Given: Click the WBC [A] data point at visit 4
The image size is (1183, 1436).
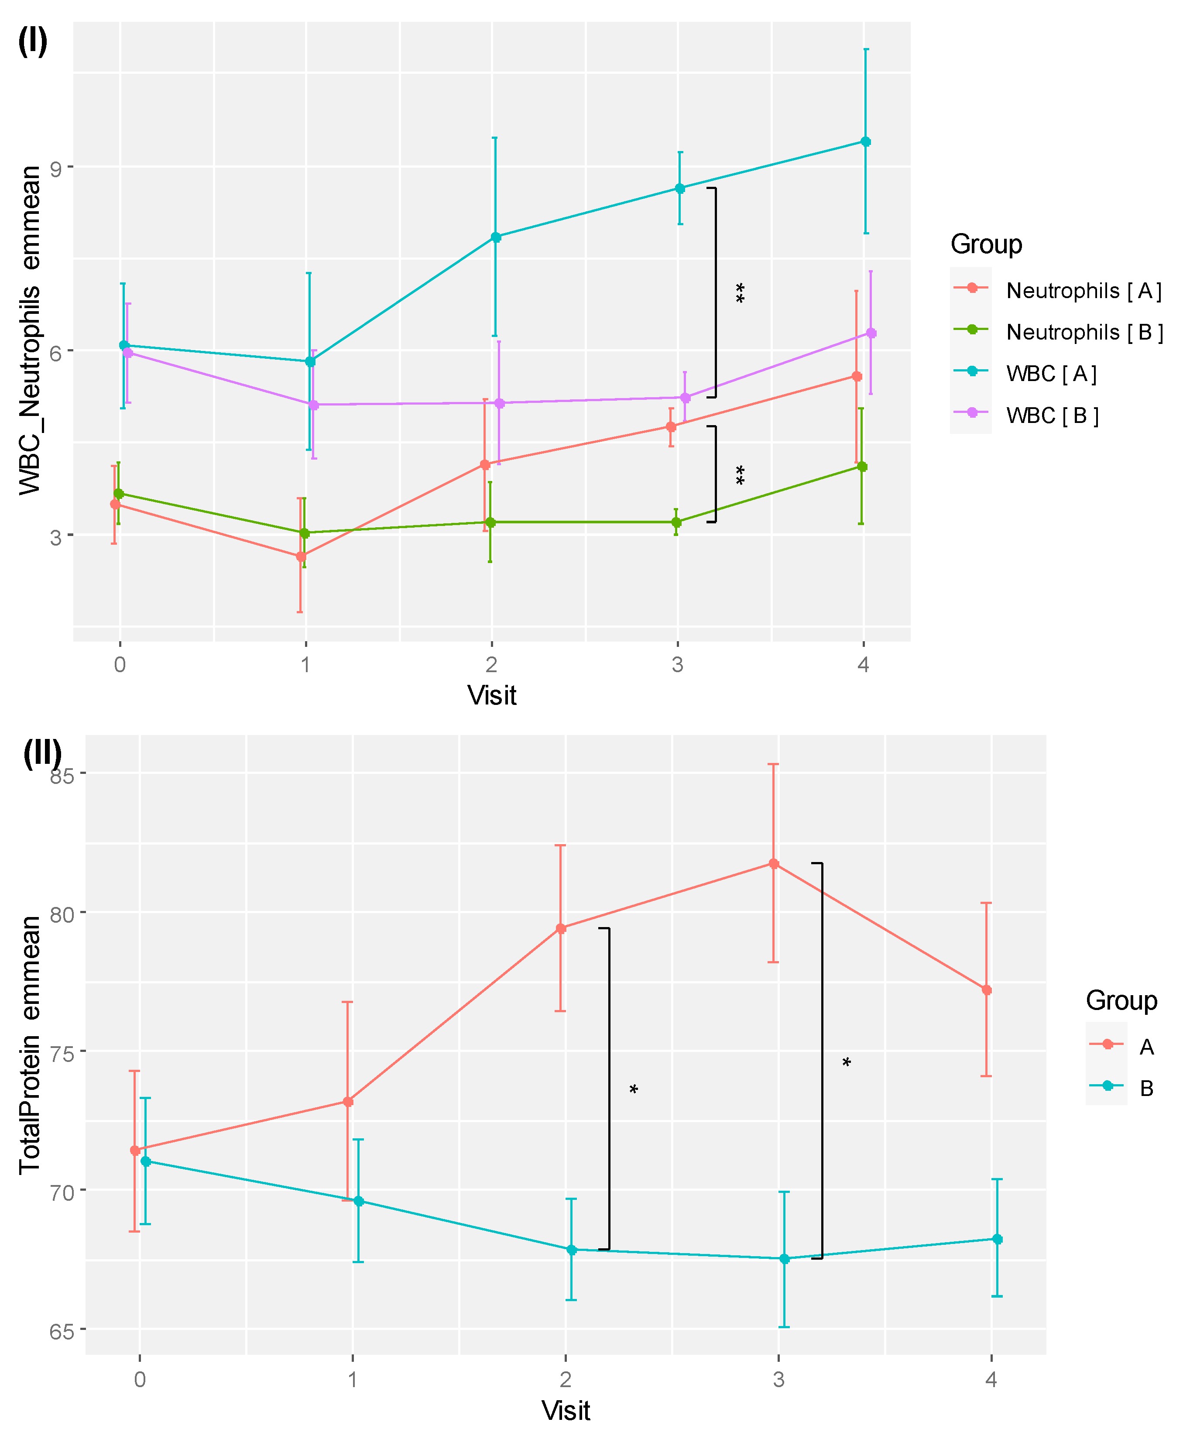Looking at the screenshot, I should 865,142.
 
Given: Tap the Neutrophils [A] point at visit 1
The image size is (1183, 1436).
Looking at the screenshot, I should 301,556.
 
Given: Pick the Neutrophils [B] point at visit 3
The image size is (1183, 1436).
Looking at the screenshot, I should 676,522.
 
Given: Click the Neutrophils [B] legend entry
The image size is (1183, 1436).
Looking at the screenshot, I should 1084,332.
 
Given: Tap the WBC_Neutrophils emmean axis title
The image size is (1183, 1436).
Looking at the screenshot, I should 30,330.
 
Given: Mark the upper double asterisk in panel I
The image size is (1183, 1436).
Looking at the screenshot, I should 740,293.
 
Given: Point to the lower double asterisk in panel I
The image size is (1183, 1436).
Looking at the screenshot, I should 740,475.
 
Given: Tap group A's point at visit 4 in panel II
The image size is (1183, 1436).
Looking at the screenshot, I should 986,989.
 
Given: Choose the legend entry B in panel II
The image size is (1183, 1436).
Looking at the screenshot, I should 1146,1089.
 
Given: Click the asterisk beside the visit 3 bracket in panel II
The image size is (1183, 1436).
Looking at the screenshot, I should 847,1062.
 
